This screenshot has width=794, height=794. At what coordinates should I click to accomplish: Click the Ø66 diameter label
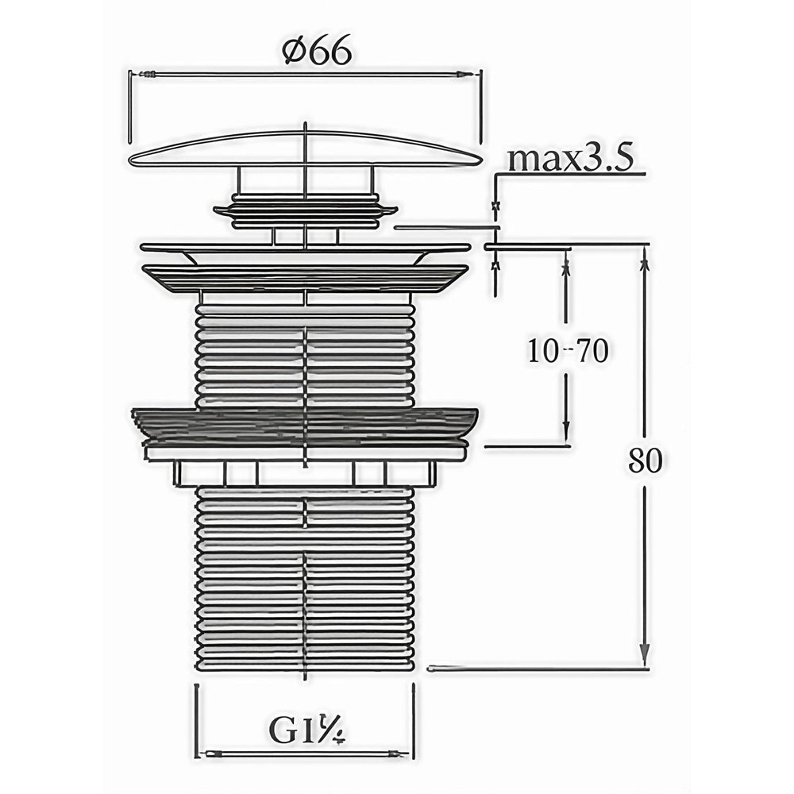coord(318,52)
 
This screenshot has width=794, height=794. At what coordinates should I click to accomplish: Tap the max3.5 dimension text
coord(571,159)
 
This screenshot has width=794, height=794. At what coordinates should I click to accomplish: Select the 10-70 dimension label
coord(568,351)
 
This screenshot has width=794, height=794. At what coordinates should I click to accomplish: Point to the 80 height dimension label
coord(645,461)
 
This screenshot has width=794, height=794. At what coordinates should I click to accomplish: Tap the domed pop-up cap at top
coord(305,149)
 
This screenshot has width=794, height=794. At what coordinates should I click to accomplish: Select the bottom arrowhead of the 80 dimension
coord(644,653)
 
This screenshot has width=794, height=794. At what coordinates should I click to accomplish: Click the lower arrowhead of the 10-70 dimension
coord(566,434)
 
